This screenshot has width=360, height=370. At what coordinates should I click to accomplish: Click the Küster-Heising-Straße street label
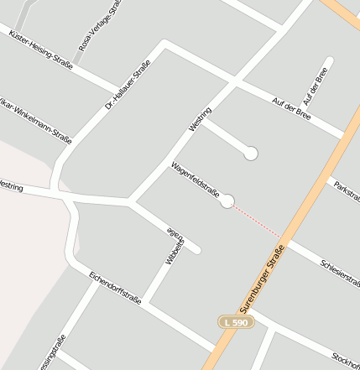(x=40, y=48)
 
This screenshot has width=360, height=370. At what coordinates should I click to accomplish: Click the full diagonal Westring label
(x=201, y=118)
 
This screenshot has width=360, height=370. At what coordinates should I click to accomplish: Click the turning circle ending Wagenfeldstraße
(x=227, y=201)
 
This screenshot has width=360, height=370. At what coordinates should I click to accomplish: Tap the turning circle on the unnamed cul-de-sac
(x=250, y=153)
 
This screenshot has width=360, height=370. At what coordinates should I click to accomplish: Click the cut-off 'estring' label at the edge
(x=11, y=185)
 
